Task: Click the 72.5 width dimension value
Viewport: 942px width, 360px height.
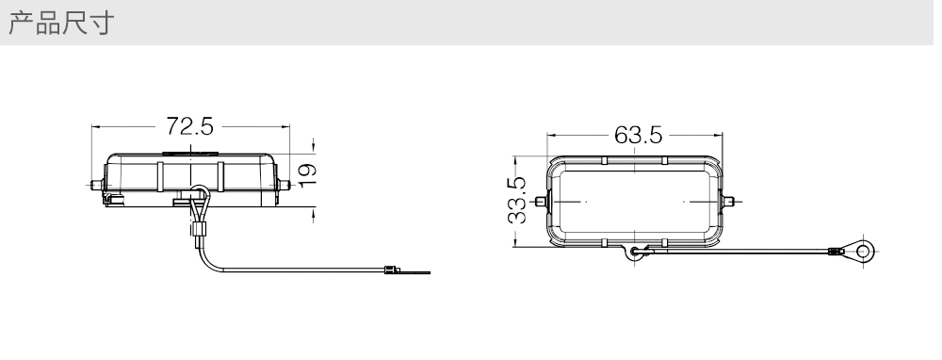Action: point(189,126)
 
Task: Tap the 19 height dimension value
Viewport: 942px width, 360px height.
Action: point(307,175)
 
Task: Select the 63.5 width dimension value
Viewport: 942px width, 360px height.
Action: point(638,135)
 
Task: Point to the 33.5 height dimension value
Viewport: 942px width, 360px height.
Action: point(516,201)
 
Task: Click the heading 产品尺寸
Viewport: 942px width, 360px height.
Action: point(61,23)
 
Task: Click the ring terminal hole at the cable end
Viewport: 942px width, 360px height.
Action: point(864,250)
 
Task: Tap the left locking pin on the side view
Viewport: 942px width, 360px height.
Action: point(96,185)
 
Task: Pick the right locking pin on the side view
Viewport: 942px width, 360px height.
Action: point(284,185)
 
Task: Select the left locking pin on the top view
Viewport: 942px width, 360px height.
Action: point(541,202)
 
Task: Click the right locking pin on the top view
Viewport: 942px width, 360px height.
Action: point(729,202)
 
